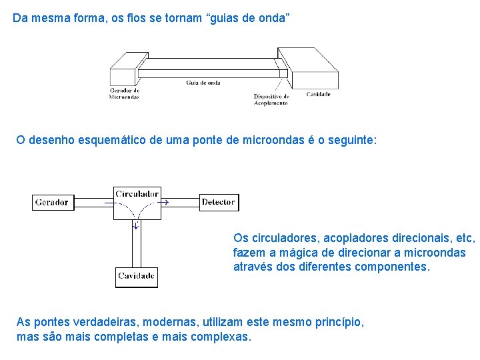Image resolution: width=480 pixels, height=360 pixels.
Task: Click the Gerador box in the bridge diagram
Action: [52, 202]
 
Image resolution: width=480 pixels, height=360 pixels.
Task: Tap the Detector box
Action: [219, 202]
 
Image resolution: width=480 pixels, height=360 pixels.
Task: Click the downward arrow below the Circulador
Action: [136, 225]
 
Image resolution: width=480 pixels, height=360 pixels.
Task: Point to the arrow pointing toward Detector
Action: [165, 201]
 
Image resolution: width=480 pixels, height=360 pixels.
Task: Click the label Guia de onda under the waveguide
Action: [203, 83]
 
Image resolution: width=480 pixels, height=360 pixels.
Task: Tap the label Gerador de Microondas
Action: [124, 93]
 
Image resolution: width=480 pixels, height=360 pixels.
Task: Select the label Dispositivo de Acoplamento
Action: [271, 99]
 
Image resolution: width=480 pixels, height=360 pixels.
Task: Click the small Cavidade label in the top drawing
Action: [318, 95]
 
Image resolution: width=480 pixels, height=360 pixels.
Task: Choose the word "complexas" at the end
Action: [221, 337]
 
